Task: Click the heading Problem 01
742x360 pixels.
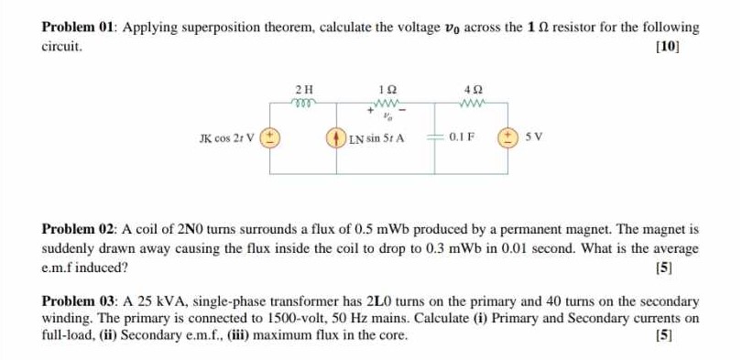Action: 80,27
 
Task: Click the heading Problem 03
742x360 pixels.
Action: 80,301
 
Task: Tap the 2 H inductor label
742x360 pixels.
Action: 305,89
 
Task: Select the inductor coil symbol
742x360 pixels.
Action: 305,102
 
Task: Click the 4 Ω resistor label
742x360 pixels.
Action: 473,89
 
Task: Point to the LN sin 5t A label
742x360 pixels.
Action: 376,139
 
